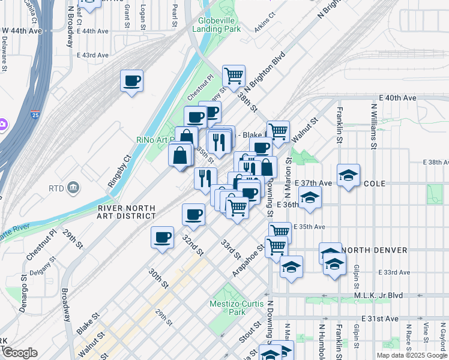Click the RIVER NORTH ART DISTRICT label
(126, 212)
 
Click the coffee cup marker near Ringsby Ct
(132, 80)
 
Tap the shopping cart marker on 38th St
(234, 76)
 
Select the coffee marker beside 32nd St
(194, 214)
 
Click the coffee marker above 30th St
(162, 237)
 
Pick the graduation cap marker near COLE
(348, 175)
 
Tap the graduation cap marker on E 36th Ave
(310, 197)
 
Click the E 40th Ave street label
(397, 98)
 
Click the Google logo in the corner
(19, 353)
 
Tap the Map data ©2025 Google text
(411, 355)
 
